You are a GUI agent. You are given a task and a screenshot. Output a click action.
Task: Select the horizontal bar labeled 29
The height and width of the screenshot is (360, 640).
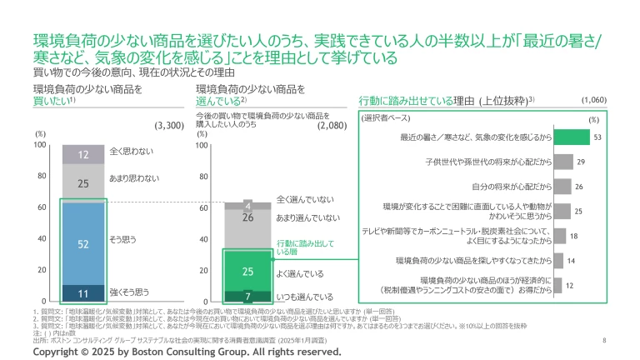563,162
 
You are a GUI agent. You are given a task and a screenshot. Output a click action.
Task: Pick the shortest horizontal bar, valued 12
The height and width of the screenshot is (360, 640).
558,285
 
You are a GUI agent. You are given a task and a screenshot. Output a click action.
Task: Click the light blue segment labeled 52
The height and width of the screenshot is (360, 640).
83,243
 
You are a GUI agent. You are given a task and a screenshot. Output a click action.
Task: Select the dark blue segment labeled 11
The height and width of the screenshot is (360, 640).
83,292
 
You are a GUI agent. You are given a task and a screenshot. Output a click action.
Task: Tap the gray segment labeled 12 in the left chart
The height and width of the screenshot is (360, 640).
83,155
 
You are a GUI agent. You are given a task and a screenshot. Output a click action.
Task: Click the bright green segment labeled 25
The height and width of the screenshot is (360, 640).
247,271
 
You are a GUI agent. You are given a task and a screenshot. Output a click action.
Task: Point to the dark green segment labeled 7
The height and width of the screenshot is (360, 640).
247,295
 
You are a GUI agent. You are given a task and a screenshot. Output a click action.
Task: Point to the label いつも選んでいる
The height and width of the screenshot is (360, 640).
305,296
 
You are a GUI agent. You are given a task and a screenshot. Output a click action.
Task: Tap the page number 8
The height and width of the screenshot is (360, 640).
603,341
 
